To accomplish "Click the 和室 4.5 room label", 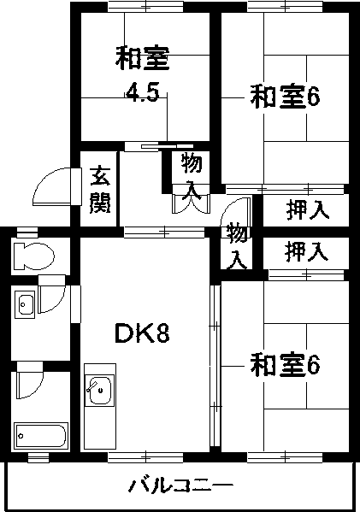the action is click(x=143, y=74).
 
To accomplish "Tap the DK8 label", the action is click(x=143, y=333).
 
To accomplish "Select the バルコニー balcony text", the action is click(x=180, y=486).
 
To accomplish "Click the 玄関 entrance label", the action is click(x=100, y=189).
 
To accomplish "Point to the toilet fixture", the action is click(x=32, y=256).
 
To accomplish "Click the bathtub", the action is click(x=41, y=436).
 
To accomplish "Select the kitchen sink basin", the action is click(x=100, y=391).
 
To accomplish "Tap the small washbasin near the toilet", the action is click(x=24, y=304).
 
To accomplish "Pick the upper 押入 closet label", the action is click(x=308, y=210).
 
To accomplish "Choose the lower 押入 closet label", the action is click(x=306, y=252).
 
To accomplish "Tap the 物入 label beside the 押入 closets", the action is click(x=237, y=245).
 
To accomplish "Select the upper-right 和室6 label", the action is click(x=285, y=97).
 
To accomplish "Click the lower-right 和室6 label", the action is click(x=285, y=365).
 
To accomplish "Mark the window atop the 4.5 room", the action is click(x=145, y=7).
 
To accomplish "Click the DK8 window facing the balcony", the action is click(x=145, y=457).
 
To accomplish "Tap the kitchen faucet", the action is click(x=92, y=385).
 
